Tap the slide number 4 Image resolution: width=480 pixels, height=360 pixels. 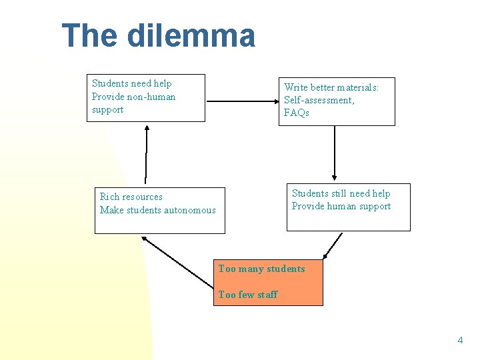point(459,341)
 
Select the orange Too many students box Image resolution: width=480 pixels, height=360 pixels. point(268,282)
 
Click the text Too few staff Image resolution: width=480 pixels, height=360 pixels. point(247,295)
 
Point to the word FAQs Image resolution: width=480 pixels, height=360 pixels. point(297,113)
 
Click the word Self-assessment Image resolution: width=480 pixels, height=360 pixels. point(319,100)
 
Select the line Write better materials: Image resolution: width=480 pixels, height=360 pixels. point(331,87)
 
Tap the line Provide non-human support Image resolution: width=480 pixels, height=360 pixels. point(133,103)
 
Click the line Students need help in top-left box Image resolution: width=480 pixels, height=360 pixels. point(131,83)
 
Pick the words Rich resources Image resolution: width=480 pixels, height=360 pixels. point(131,197)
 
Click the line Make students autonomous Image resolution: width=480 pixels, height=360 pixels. point(158,210)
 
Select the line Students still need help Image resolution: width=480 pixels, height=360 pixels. point(341,193)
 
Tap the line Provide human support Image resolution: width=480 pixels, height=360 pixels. point(341,206)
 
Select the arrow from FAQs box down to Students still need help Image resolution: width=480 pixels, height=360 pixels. point(335,155)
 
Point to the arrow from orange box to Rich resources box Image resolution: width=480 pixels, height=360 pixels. point(178,263)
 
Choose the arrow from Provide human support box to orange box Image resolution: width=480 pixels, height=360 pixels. point(333,245)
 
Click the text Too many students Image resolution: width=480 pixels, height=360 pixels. point(261,269)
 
